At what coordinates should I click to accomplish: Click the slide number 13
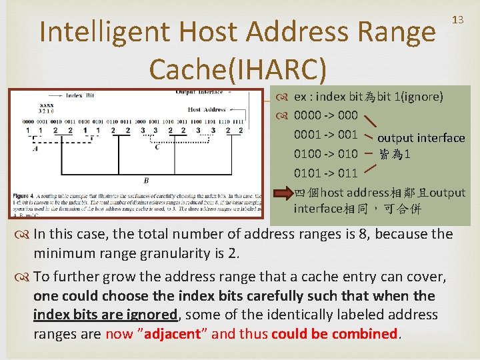pos(458,20)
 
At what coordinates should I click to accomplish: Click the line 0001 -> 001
pos(326,135)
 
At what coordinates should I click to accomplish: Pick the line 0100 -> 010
pos(326,155)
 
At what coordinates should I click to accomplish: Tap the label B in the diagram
pos(146,180)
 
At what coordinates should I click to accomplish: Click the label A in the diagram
pos(35,149)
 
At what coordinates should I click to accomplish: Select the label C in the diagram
pos(157,147)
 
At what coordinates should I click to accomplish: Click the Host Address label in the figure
pos(206,109)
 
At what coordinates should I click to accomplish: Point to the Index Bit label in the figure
pos(80,95)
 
